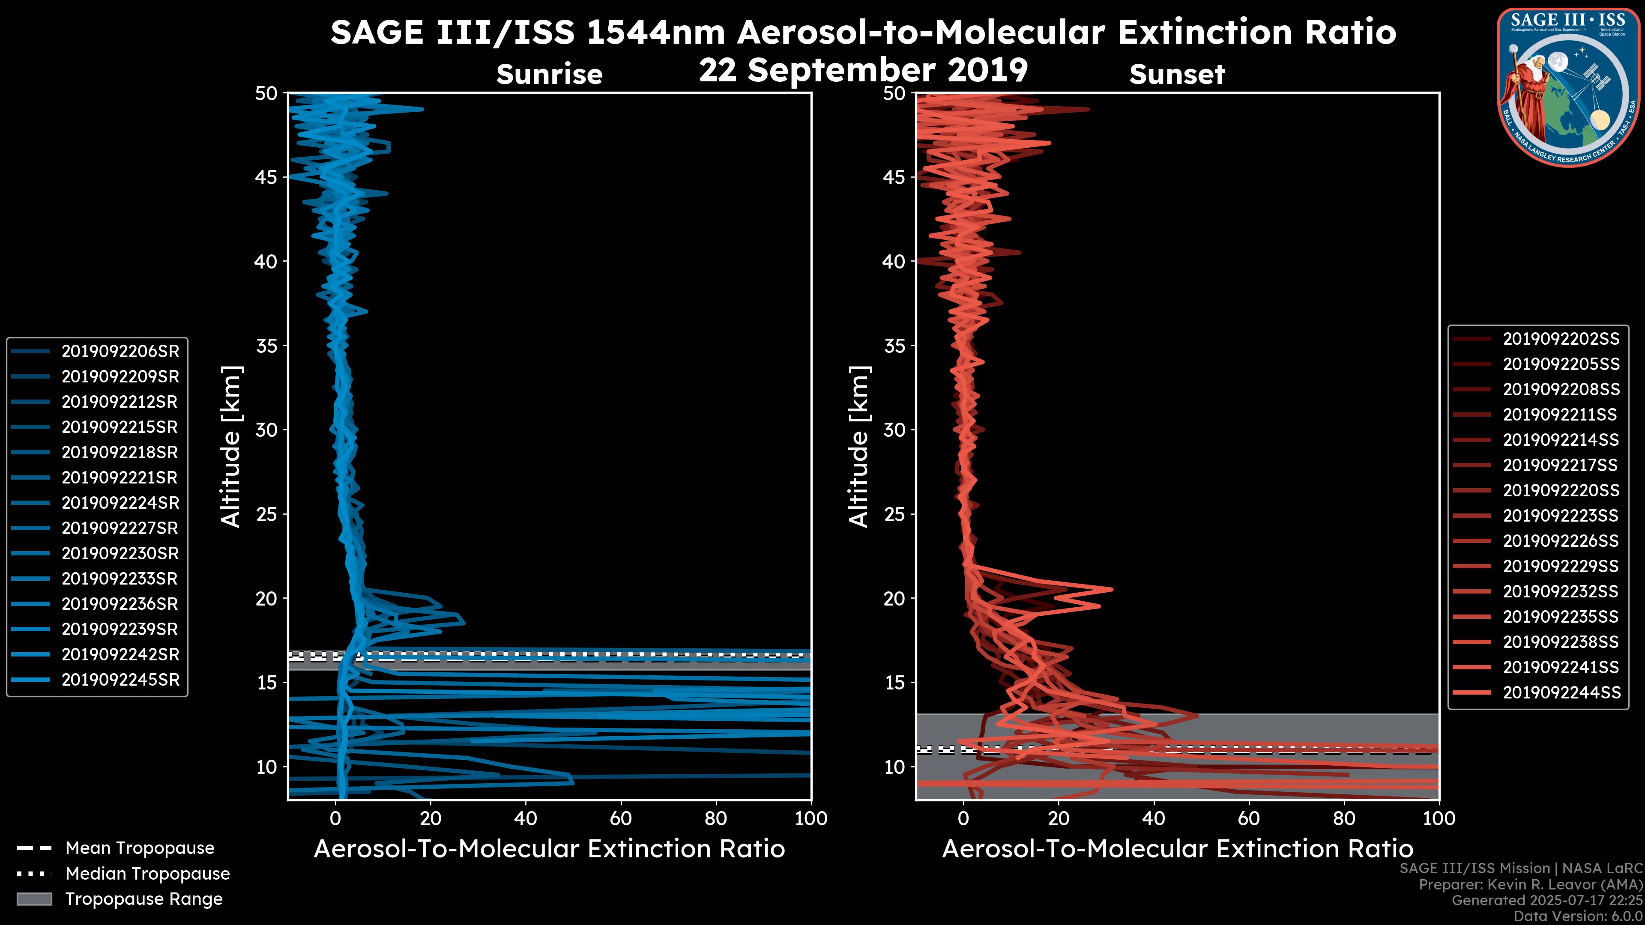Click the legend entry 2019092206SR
(120, 351)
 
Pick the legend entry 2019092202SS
(1561, 339)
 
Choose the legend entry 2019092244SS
(1561, 692)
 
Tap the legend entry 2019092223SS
(1561, 515)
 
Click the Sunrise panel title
(549, 74)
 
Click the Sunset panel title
(1177, 74)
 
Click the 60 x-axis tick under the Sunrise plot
(621, 818)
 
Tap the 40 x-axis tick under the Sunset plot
(1153, 818)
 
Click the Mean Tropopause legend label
(140, 848)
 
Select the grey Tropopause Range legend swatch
(34, 899)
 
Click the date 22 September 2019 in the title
(863, 70)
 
